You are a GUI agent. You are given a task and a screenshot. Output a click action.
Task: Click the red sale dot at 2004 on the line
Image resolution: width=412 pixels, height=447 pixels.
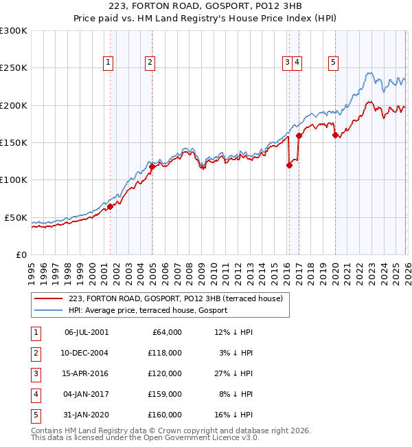coord(152,166)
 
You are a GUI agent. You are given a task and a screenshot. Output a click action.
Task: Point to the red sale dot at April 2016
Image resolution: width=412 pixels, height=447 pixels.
coord(289,165)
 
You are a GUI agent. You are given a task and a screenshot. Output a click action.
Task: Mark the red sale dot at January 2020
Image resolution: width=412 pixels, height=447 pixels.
coord(335,135)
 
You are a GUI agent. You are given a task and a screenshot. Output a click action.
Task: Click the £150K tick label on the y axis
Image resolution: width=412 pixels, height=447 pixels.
coord(14,143)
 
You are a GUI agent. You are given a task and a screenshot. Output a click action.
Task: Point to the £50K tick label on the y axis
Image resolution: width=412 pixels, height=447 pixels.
coord(16,217)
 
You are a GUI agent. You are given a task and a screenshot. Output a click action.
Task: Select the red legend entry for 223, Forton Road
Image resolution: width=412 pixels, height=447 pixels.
coord(175,298)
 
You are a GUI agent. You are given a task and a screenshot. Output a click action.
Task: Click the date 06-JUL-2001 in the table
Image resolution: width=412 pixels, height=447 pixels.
coord(86,332)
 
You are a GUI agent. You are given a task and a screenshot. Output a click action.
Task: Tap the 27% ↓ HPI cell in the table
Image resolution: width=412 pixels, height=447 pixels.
coord(233,373)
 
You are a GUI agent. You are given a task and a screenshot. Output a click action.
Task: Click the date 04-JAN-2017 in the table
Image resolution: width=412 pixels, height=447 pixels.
coord(86,394)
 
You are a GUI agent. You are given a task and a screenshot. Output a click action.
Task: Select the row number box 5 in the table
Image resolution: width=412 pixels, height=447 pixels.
coord(35,415)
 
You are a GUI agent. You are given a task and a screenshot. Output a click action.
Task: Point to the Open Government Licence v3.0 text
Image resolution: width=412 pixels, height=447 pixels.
coord(189,437)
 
